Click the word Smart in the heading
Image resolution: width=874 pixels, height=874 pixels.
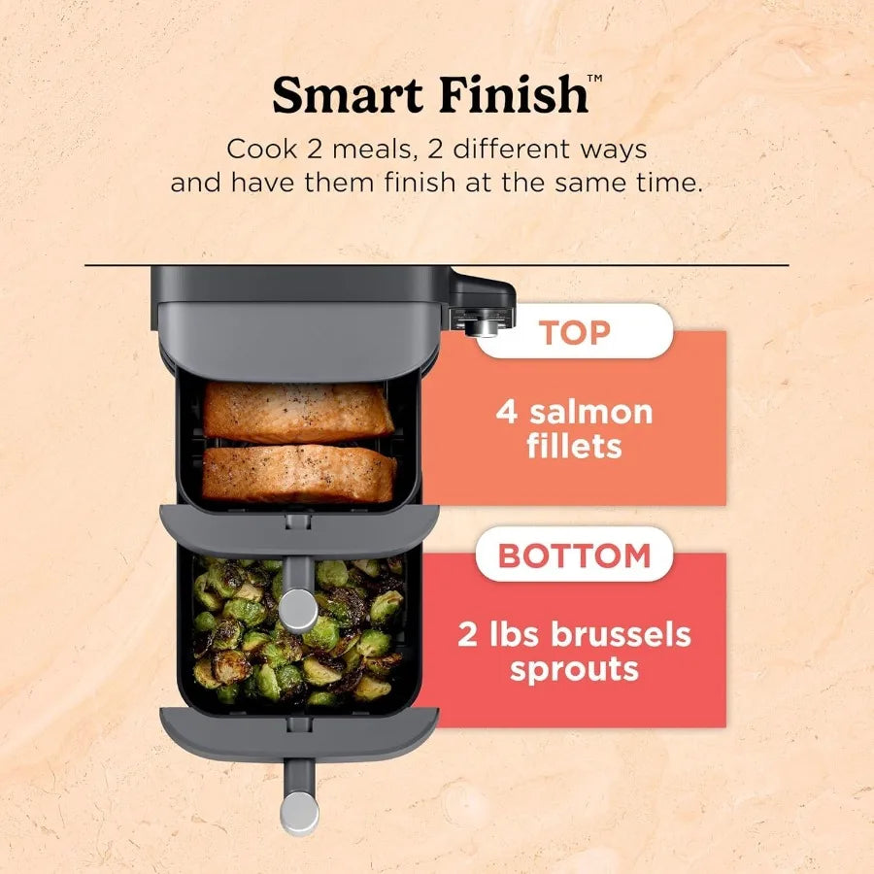[x=349, y=95]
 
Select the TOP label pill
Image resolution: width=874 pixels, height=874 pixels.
[x=574, y=332]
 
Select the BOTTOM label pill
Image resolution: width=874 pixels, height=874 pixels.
[x=574, y=555]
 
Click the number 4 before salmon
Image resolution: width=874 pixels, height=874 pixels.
[x=507, y=412]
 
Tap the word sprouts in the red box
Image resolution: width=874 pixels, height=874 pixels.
[x=574, y=669]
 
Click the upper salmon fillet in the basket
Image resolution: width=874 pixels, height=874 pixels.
[x=298, y=411]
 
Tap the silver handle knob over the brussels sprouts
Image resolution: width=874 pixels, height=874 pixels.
[x=298, y=610]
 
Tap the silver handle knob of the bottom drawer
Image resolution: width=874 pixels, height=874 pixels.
[x=298, y=814]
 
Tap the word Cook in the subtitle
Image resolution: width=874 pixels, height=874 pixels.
[x=255, y=151]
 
